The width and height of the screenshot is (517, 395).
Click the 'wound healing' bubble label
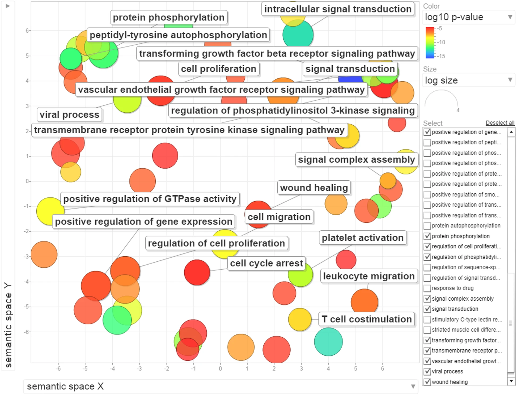click(314, 188)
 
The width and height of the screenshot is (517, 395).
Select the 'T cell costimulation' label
click(366, 319)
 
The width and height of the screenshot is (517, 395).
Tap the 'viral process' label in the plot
click(69, 115)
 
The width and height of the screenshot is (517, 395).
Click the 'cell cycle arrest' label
click(266, 263)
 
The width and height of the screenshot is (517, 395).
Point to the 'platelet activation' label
click(362, 238)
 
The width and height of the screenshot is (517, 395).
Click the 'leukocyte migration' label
click(368, 276)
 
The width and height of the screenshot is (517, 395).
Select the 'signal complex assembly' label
click(356, 160)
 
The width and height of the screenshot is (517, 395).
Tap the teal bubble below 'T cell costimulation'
click(328, 342)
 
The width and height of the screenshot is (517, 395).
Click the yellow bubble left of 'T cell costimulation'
click(299, 320)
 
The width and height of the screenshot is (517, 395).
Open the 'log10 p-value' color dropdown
click(468, 17)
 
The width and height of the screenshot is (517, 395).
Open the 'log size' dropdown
click(468, 80)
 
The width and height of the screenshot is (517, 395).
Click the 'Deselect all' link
click(499, 123)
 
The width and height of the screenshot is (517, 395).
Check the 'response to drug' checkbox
click(427, 288)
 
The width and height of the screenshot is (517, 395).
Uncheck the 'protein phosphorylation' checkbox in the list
click(427, 236)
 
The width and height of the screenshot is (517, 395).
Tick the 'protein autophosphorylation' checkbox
click(427, 226)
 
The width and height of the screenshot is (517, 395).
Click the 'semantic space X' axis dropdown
click(221, 386)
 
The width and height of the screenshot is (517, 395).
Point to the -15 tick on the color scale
click(441, 56)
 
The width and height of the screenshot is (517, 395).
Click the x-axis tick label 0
click(220, 369)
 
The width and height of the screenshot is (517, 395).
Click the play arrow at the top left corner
click(8, 6)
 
